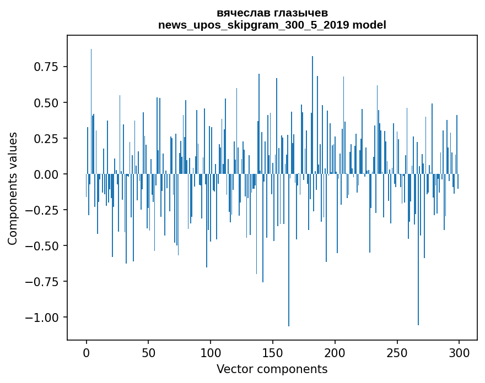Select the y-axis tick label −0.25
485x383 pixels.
click(x=44, y=210)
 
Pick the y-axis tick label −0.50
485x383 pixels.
click(x=44, y=246)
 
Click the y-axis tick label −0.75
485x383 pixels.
click(x=44, y=282)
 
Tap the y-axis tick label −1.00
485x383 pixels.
click(x=44, y=318)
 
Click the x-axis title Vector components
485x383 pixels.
click(x=272, y=369)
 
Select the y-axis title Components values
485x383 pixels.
click(x=13, y=188)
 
